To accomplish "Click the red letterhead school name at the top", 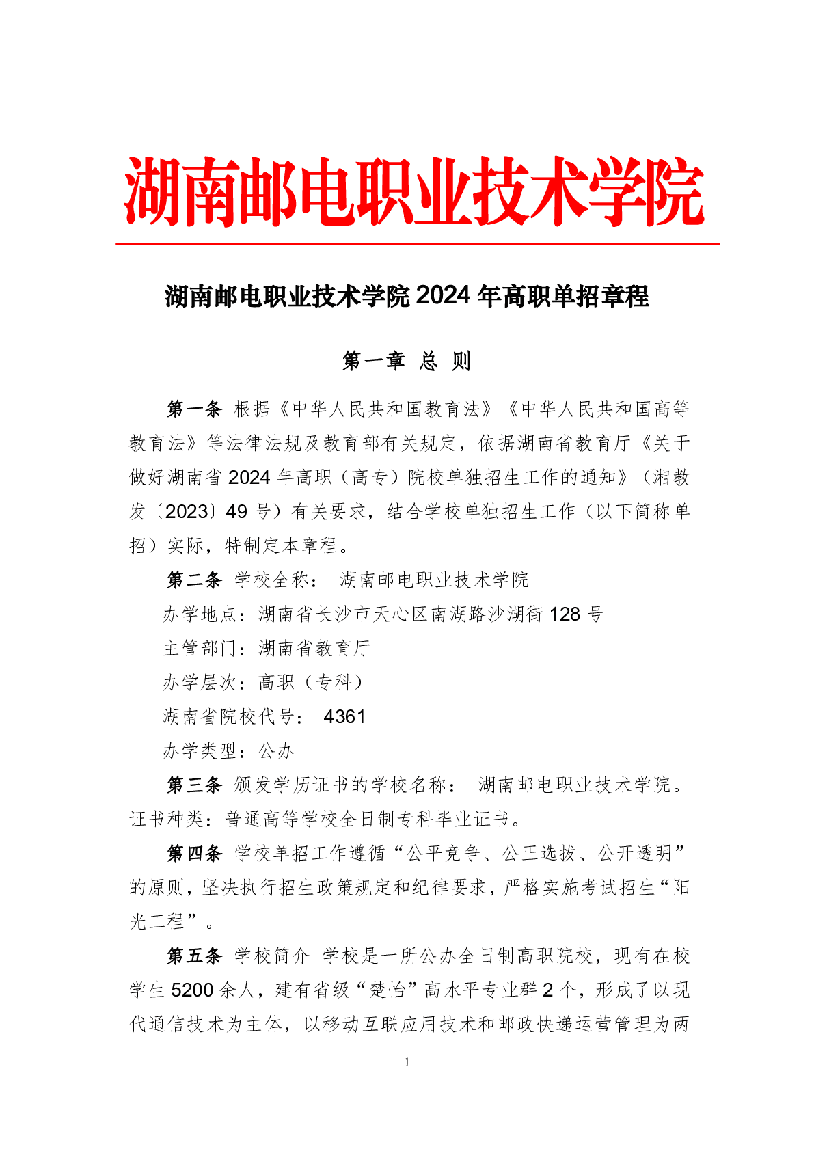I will tap(413, 192).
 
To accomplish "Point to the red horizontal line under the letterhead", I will tap(417, 243).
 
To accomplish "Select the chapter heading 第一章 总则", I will tap(407, 361).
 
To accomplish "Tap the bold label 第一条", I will tap(195, 409).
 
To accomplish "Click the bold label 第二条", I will tap(195, 580).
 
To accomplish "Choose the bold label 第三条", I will tap(195, 785).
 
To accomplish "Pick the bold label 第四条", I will tap(195, 854).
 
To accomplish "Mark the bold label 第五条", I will tap(195, 956).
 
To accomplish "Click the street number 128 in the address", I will tap(565, 614).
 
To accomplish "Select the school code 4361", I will tap(344, 717).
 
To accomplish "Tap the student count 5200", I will tap(193, 990).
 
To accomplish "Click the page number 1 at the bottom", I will tap(407, 1062).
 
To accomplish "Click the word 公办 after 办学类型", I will tap(276, 751).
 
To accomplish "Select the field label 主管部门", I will tap(200, 649).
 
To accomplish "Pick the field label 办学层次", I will tap(200, 683).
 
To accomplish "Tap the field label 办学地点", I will tap(200, 614).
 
